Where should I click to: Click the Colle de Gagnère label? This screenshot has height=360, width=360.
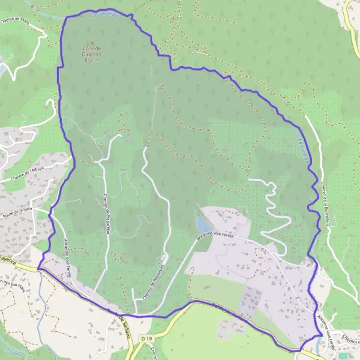91,54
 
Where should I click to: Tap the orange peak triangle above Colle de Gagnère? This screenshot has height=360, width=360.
91,45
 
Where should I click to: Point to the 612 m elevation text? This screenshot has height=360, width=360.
91,60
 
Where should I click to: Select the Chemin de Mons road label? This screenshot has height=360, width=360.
19,20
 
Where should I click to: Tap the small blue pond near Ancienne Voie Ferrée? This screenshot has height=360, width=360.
200,224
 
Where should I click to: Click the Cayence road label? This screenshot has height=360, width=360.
7,259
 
